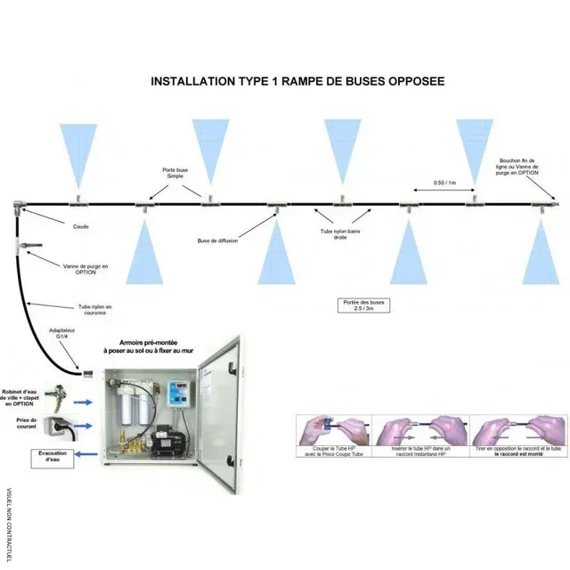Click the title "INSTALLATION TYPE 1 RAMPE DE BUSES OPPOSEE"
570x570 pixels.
pos(297,80)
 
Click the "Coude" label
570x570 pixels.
pos(80,226)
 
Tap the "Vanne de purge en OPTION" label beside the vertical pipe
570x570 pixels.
pos(86,270)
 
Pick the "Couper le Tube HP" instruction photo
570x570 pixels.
pos(332,433)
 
